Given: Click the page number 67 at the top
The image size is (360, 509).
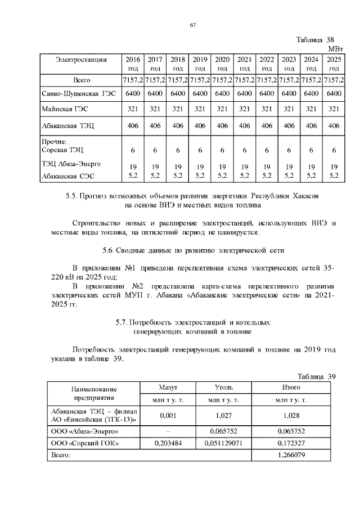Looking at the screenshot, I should pos(192,25).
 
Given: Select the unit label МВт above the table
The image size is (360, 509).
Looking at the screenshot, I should pos(335,49).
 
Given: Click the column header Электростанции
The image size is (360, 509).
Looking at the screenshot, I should pos(82,59).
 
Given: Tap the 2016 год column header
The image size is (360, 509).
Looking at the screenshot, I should pos(132,64).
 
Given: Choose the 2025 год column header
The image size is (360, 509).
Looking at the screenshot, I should pos(334,64).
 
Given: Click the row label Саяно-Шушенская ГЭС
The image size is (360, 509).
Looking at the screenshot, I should pos(78,93).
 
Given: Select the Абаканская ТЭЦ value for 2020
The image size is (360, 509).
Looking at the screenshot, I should pos(222,126).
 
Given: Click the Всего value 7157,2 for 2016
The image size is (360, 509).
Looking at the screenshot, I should pos(132,80).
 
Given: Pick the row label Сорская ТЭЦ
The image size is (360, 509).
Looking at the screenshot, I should pos(63,150).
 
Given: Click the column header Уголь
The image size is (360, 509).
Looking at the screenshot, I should pos(224,388).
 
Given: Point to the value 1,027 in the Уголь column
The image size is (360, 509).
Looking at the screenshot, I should pos(224,416).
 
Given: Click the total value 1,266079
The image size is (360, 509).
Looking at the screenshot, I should pos(291,454).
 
